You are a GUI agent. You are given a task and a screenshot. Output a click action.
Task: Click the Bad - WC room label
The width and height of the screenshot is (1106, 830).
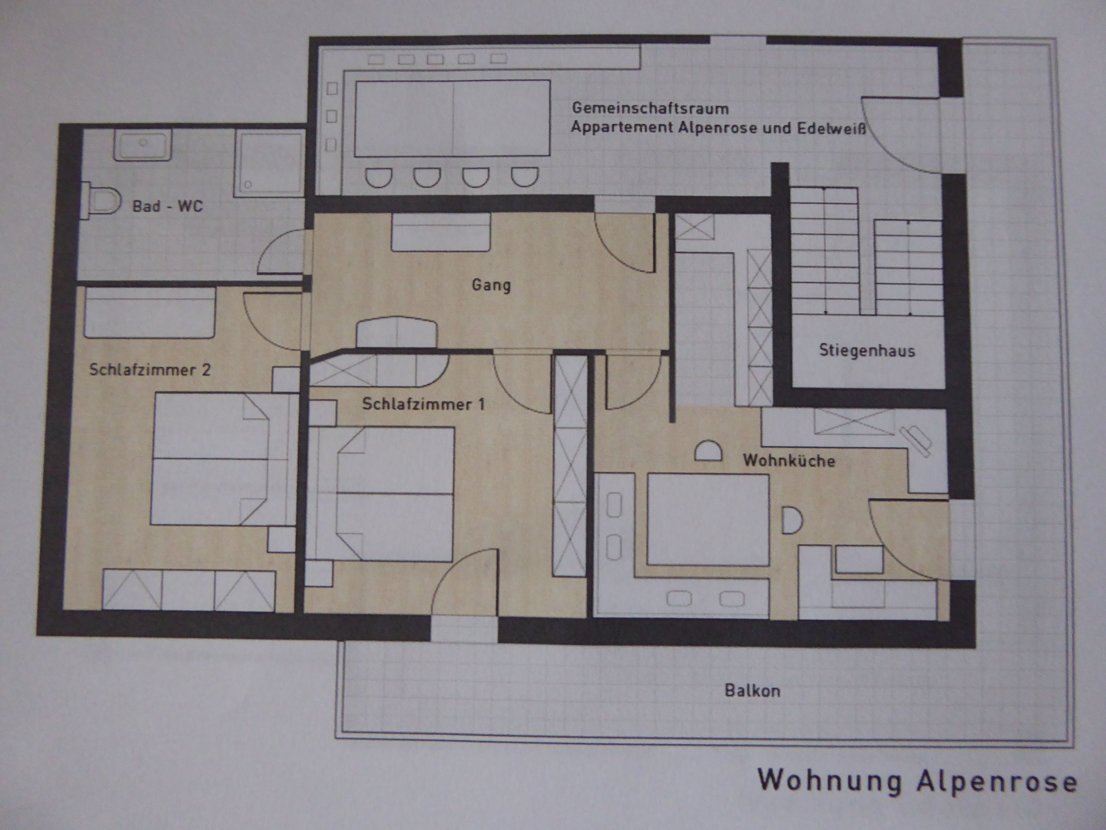coord(168,206)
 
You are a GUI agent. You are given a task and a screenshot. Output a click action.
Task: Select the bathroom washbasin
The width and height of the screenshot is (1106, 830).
coord(143,144)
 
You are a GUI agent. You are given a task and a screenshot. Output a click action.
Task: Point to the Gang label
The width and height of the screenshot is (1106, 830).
coord(491,286)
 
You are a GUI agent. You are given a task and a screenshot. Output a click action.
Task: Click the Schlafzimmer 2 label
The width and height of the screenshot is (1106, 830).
coord(150,370)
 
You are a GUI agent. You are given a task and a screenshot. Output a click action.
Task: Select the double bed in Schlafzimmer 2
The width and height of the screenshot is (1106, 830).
coord(220,459)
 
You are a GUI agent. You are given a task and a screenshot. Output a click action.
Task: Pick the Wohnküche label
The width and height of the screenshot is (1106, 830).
coord(789,460)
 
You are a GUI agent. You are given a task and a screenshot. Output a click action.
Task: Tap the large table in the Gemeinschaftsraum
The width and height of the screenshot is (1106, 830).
coord(452,118)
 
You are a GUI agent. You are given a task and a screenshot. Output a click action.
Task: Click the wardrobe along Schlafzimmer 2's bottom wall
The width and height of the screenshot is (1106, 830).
coord(188,590)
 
